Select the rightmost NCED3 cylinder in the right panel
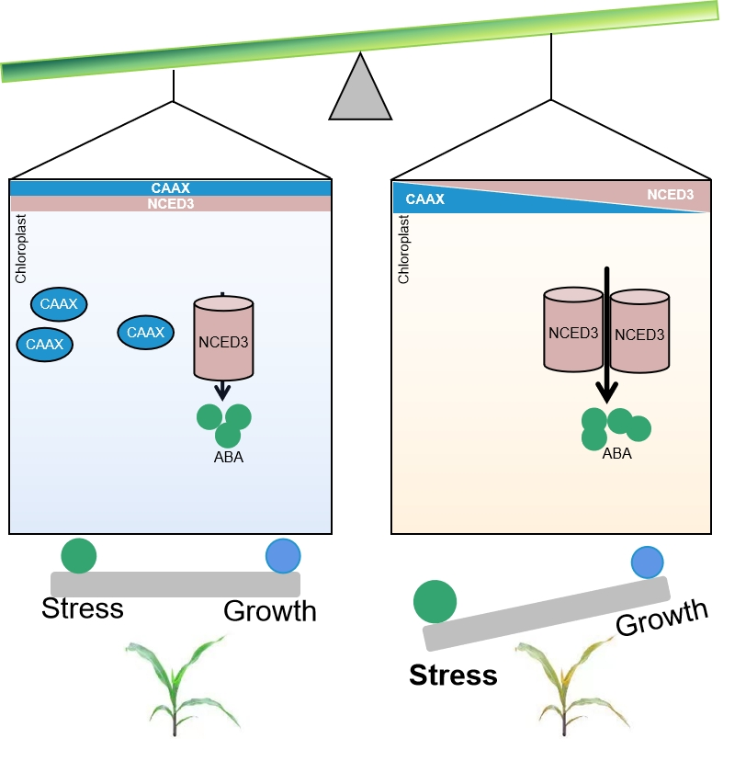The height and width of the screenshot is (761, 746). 639,332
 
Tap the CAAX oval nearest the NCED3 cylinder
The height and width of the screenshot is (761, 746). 144,332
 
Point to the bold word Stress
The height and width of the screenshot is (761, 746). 453,676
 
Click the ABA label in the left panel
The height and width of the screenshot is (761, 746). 228,457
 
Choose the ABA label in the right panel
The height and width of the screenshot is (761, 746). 616,453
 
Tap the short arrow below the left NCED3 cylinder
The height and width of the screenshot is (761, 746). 221,391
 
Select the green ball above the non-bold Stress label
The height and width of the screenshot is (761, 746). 79,556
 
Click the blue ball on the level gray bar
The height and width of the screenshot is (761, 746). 283,555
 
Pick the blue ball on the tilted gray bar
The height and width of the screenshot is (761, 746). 648,561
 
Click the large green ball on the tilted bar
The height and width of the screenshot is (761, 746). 435,601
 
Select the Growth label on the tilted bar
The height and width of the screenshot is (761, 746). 661,617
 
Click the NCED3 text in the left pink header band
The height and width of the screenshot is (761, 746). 170,204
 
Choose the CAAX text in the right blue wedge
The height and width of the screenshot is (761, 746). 425,198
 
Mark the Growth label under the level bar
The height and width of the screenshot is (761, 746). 270,611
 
